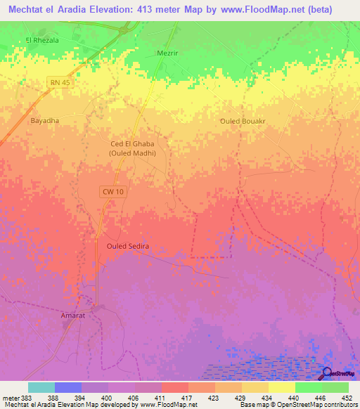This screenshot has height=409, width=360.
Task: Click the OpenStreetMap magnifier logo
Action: coord(327,373)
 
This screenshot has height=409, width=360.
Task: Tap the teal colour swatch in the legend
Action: coord(41,387)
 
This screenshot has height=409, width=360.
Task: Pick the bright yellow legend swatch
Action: coord(282,387)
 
